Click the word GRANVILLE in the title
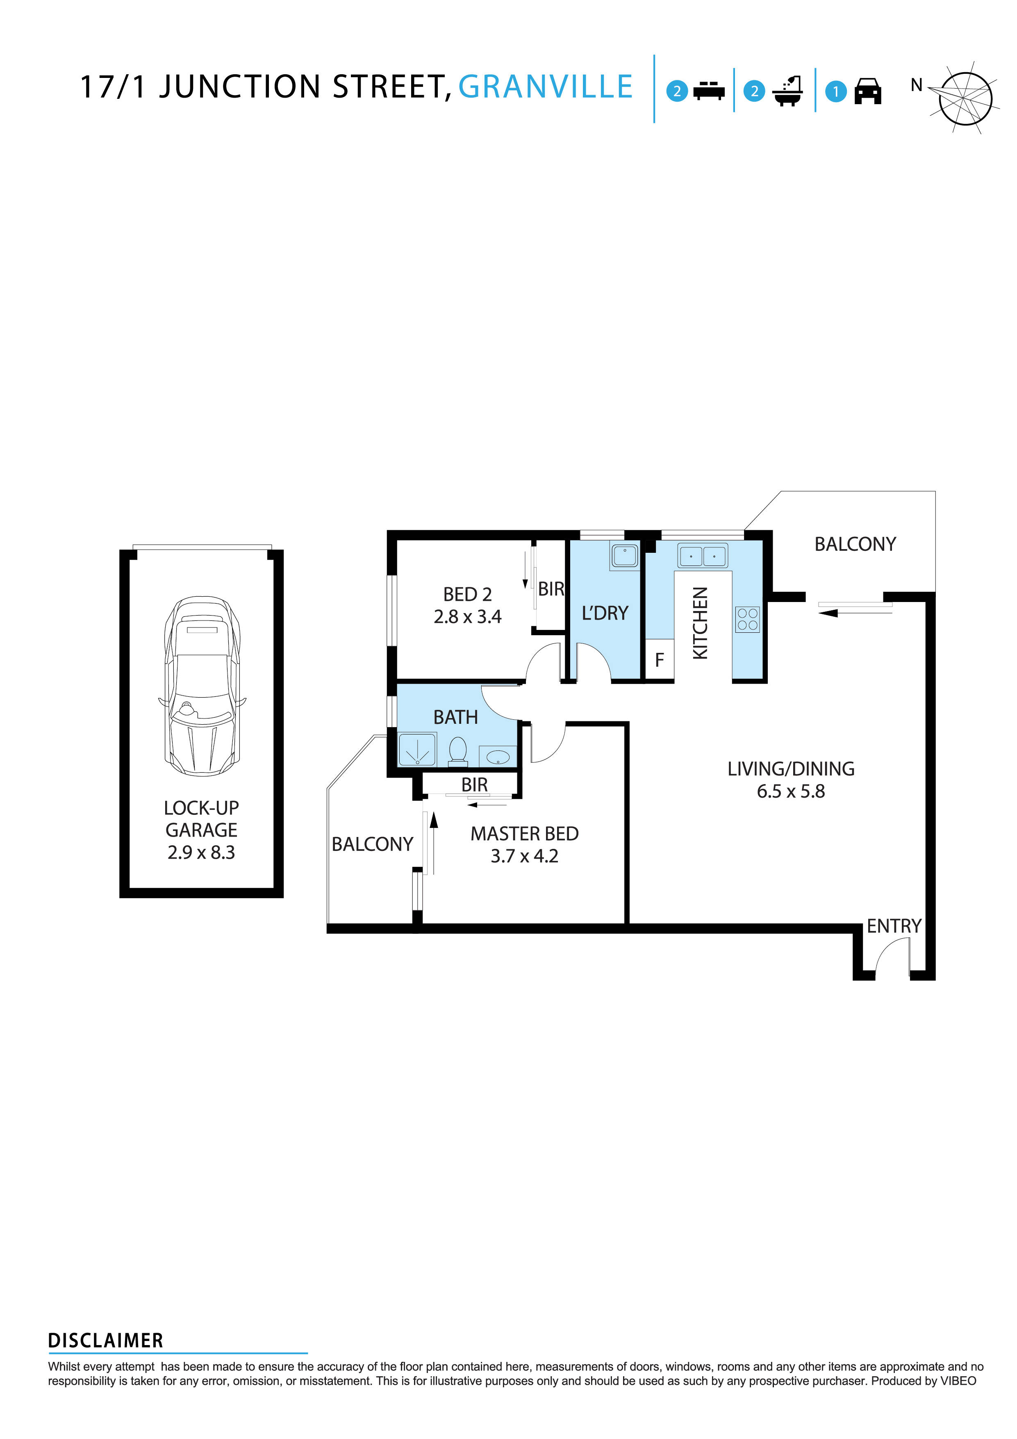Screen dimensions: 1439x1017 (x=545, y=87)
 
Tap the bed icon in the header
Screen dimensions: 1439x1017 (x=709, y=91)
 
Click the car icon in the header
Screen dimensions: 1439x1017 (x=868, y=91)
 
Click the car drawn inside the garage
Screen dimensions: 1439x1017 (x=202, y=686)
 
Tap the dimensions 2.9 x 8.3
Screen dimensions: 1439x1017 (x=201, y=853)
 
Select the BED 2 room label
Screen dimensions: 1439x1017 (x=467, y=594)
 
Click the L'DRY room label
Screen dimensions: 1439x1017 (x=605, y=613)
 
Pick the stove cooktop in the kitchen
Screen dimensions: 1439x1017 (x=747, y=619)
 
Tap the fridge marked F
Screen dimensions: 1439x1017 (x=659, y=660)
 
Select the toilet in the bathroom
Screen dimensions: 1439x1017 (x=458, y=751)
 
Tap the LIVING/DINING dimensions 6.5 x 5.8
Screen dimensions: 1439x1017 (x=791, y=791)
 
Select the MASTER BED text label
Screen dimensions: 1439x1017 (x=524, y=834)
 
